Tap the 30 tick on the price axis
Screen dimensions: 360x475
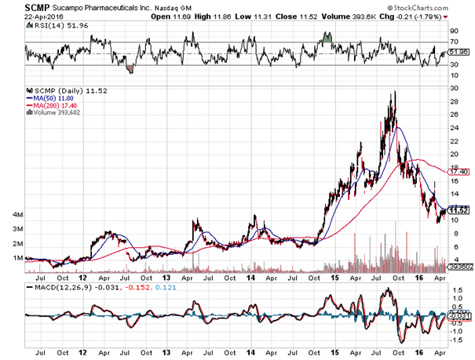click(453, 88)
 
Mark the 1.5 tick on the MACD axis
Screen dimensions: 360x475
click(455, 289)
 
